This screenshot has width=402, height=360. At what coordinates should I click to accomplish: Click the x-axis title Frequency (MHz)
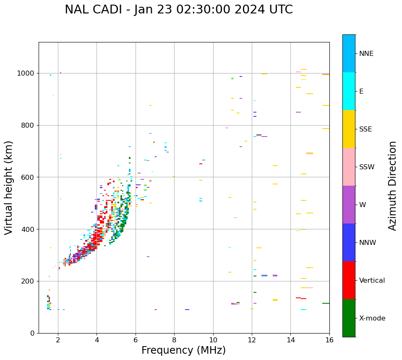pyautogui.click(x=183, y=350)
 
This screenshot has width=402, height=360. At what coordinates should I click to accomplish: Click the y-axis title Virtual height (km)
pyautogui.click(x=9, y=187)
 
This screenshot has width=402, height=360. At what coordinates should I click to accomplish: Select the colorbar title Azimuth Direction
pyautogui.click(x=392, y=186)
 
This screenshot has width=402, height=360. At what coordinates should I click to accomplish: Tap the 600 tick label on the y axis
pyautogui.click(x=29, y=177)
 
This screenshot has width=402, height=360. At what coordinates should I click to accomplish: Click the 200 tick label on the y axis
pyautogui.click(x=29, y=281)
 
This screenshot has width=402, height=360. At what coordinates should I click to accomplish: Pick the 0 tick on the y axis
pyautogui.click(x=33, y=333)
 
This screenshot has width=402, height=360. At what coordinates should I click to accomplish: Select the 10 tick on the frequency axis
pyautogui.click(x=213, y=340)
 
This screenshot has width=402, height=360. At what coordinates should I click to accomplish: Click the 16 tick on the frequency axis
pyautogui.click(x=329, y=340)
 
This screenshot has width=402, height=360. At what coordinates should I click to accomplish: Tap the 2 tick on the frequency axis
pyautogui.click(x=58, y=340)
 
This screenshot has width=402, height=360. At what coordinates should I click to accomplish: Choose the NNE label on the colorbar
pyautogui.click(x=366, y=54)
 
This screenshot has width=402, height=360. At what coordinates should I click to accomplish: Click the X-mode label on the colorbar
pyautogui.click(x=372, y=318)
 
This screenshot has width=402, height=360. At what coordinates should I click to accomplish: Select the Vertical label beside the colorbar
pyautogui.click(x=372, y=281)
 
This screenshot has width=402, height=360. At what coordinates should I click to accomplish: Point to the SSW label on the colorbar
pyautogui.click(x=366, y=167)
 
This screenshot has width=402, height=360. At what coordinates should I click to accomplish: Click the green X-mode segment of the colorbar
pyautogui.click(x=349, y=318)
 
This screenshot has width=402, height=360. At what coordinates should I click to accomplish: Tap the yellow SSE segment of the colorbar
pyautogui.click(x=349, y=129)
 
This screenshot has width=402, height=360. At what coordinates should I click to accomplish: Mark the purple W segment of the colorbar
pyautogui.click(x=349, y=205)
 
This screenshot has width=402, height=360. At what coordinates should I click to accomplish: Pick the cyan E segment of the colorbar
pyautogui.click(x=349, y=91)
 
